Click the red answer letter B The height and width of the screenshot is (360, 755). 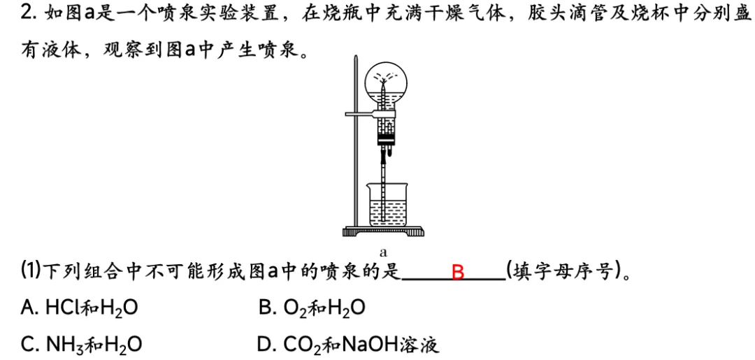point(458,273)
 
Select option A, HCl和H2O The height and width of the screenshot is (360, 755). point(80,308)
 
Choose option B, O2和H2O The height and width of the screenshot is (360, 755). point(312,308)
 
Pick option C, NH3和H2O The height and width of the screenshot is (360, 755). point(81,345)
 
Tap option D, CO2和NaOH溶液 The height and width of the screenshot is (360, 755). point(349,345)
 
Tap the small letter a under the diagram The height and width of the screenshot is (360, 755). point(384,251)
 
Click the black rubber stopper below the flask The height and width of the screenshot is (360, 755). point(386,141)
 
